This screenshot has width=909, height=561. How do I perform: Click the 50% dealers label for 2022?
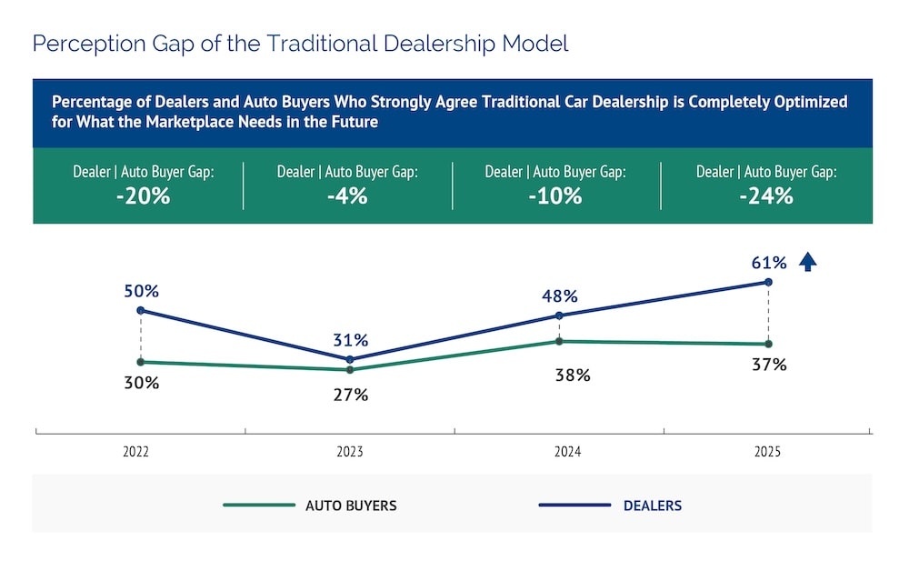141,292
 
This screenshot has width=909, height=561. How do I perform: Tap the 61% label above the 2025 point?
768,264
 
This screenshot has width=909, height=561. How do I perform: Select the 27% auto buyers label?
350,395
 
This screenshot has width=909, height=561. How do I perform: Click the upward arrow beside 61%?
807,263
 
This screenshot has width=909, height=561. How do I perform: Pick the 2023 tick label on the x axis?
350,451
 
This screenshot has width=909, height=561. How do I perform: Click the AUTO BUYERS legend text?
351,506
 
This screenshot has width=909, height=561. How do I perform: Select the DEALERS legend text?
653,506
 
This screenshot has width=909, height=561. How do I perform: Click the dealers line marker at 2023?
350,359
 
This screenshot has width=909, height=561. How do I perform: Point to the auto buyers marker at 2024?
559,341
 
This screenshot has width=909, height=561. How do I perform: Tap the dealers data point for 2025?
768,283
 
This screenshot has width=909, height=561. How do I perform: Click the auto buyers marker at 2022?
141,362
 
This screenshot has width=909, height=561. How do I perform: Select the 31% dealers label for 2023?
350,340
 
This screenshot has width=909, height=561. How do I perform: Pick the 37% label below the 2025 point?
769,365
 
